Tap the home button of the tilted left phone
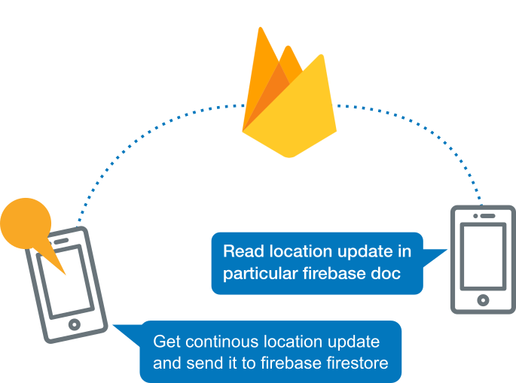coord(74,324)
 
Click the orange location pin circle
coord(25,223)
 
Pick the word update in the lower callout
coord(353,342)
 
